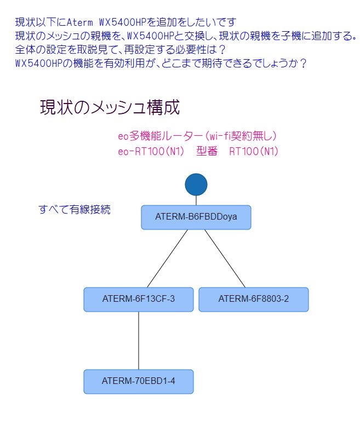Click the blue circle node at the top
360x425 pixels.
click(x=196, y=185)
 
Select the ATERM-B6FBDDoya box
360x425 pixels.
click(x=196, y=217)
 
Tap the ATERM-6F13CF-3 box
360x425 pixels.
click(x=138, y=299)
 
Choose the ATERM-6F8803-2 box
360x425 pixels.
click(x=253, y=299)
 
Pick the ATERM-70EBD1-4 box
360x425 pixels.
click(x=138, y=381)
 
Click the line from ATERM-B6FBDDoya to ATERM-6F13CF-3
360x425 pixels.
click(x=168, y=257)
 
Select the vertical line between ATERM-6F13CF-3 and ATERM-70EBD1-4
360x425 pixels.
click(x=138, y=340)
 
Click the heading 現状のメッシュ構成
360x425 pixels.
click(x=110, y=107)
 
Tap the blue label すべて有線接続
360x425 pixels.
click(x=75, y=209)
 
